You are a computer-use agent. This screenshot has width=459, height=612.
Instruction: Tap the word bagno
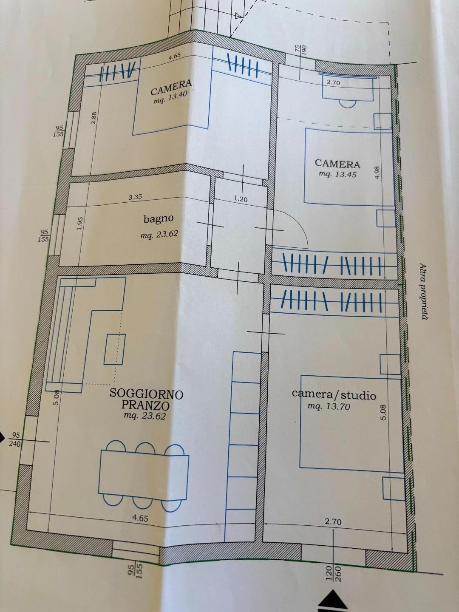point(158,219)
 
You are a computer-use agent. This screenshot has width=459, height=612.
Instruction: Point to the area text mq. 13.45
point(338,175)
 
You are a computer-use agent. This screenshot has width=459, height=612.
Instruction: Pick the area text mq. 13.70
point(329,407)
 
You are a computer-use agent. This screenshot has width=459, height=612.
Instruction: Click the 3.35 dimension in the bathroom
point(135,197)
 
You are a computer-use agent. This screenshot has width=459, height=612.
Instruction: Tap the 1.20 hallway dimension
point(241,199)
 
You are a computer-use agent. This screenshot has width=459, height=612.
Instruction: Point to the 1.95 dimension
point(80,224)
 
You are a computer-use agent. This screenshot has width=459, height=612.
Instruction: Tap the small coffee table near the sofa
point(115,349)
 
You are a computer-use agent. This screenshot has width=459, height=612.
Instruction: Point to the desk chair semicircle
point(348,104)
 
